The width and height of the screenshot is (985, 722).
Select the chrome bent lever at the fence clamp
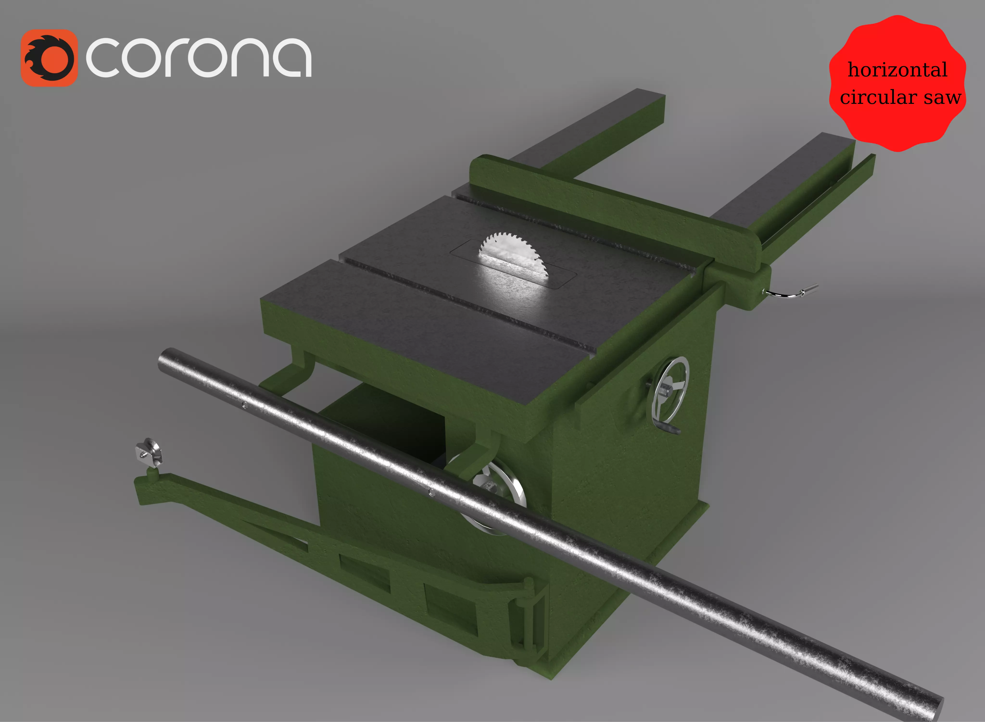(x=789, y=293)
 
